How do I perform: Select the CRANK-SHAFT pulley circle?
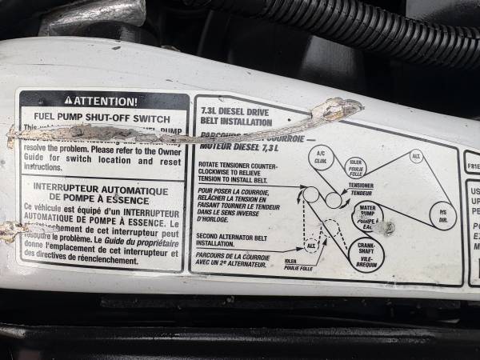point(368,254)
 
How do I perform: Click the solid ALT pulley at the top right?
point(416,156)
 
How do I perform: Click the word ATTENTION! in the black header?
point(106,101)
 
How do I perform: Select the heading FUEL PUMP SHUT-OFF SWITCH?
point(102,119)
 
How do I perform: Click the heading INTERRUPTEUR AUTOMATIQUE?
point(101,191)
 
